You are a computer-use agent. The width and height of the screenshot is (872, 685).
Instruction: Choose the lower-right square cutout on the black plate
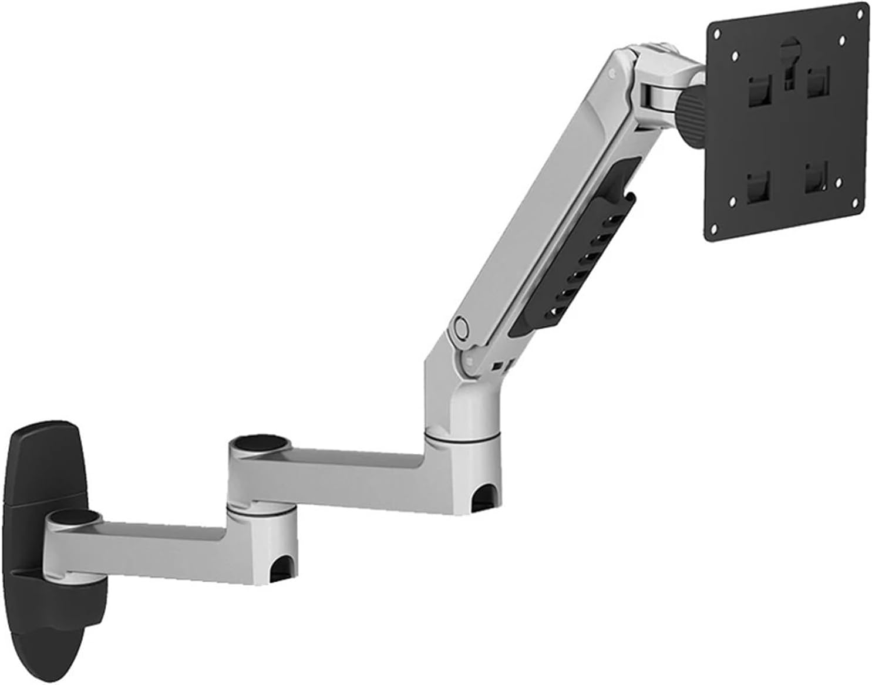(816, 179)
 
